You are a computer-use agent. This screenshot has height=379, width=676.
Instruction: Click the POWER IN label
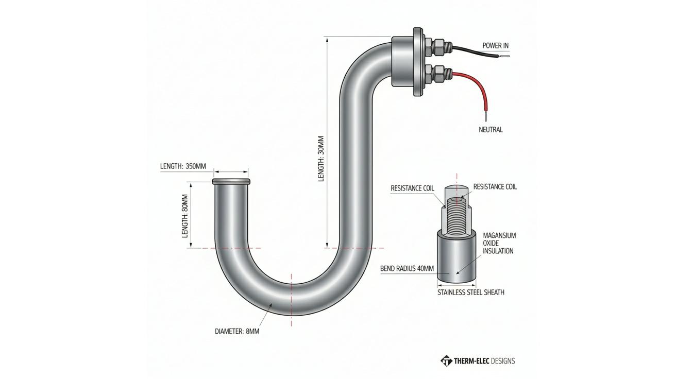tap(495, 45)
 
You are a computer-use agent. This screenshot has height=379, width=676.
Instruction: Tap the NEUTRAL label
tap(491, 130)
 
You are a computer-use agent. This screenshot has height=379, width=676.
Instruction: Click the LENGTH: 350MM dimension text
tap(183, 166)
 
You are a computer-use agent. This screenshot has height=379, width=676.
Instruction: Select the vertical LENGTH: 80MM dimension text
tap(185, 216)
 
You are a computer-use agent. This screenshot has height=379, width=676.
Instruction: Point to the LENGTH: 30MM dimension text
tap(321, 159)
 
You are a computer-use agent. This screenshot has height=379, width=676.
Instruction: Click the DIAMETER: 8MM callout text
tap(237, 331)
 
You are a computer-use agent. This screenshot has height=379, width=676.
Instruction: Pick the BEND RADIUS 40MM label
tap(407, 268)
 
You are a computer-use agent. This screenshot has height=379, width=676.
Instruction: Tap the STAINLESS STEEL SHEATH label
tap(471, 292)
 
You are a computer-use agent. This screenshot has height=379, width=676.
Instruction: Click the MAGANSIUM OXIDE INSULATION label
tap(499, 243)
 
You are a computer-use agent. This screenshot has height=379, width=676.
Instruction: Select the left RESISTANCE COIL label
tap(412, 188)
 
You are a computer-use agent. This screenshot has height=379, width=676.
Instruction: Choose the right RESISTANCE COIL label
tap(495, 186)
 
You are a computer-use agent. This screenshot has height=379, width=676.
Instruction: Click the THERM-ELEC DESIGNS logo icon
tap(446, 360)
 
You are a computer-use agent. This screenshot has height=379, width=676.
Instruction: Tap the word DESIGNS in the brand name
tap(503, 361)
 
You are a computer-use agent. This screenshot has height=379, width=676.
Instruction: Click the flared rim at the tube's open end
tap(231, 181)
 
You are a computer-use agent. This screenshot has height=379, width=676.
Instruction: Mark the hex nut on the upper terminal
tap(438, 47)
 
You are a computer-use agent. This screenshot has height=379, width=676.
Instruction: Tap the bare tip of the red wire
tap(485, 117)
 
